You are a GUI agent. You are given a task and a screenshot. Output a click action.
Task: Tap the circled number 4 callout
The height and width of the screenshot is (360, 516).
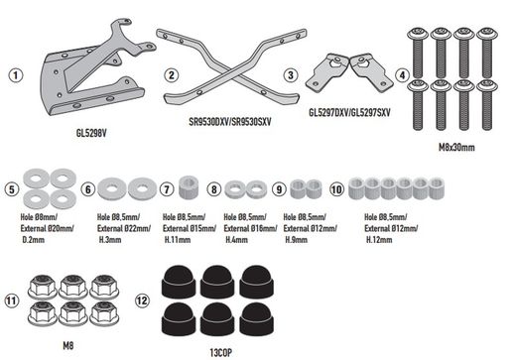tap(401, 74)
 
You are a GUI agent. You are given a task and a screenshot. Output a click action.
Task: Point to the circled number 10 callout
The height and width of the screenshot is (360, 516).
tap(337, 186)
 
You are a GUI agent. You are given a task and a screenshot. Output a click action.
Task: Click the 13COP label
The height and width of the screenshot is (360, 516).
tap(208, 350)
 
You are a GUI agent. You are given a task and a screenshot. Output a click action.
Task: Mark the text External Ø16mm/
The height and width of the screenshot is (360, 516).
tap(250, 227)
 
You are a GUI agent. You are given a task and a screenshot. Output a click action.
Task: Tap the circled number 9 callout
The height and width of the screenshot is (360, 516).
tap(278, 186)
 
